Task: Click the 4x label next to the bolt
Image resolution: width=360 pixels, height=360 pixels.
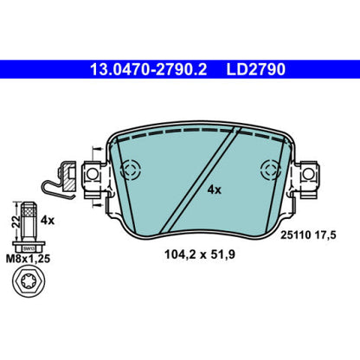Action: pos(48,221)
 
